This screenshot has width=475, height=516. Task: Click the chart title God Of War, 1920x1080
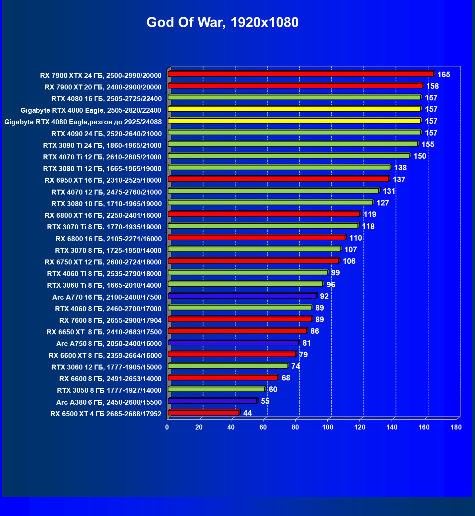pos(222,23)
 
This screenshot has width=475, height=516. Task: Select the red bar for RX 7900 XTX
pos(301,74)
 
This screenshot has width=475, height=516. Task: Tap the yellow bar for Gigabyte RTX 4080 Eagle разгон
pos(294,121)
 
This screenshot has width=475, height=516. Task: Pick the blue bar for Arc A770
pos(242,296)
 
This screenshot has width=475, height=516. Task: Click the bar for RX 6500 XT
pos(203,413)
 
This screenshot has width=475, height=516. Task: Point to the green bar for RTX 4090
pos(294,133)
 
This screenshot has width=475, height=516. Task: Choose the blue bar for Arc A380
pos(212,401)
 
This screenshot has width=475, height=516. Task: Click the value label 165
pos(444,75)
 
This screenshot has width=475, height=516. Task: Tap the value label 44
pos(247,413)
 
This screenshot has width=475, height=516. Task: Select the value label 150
pos(420,156)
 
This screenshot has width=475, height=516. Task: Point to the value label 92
pos(324,296)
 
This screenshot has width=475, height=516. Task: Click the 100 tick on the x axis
pos(328,427)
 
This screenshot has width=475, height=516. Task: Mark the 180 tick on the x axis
pos(456,427)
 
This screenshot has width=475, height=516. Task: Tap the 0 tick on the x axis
pos(167,427)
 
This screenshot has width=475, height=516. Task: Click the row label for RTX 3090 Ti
pos(102,145)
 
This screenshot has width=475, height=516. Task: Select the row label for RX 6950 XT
pos(103,180)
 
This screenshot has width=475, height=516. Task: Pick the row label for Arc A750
pos(109,344)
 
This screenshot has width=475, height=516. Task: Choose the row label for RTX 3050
pos(109,390)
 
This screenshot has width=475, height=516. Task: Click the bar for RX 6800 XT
pos(263,214)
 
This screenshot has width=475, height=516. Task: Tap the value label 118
pos(368,226)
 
